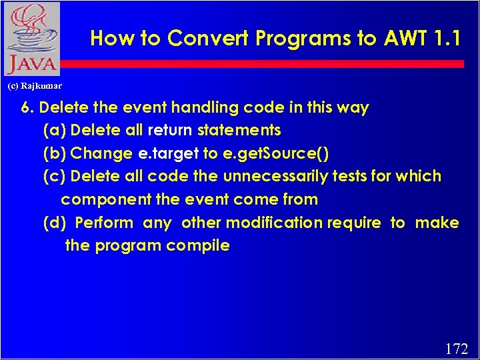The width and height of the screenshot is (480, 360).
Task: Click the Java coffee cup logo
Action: pos(31,39)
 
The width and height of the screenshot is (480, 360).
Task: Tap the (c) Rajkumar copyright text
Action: pos(34,86)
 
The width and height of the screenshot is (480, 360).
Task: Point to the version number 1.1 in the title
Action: pos(447,39)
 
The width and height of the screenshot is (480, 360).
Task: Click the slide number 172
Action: pos(456,348)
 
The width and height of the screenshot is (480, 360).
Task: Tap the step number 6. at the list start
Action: pos(28,107)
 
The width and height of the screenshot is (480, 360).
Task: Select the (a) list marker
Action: pos(54,130)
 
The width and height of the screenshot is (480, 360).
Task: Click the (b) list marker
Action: pos(54,153)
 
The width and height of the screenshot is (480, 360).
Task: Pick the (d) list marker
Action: pos(54,223)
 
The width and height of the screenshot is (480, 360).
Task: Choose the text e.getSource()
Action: pos(275,153)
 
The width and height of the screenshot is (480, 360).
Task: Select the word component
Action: pos(98,199)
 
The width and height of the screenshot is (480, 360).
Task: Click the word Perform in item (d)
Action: pos(104,223)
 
